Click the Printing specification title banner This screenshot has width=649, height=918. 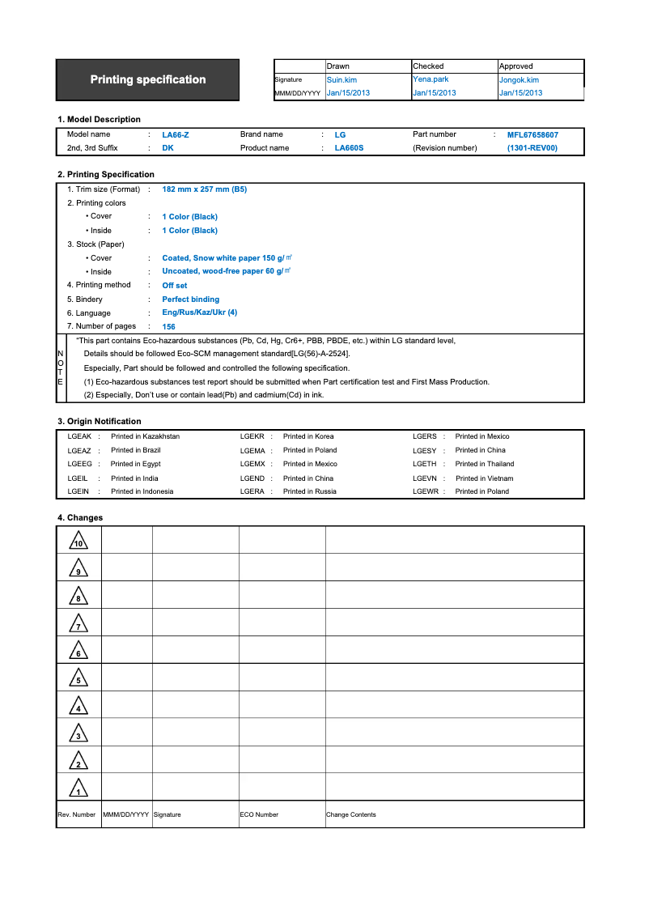click(147, 79)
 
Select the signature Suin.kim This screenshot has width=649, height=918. click(341, 80)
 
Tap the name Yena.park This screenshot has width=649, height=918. click(431, 79)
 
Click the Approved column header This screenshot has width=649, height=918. click(516, 66)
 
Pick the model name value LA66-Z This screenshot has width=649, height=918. click(176, 135)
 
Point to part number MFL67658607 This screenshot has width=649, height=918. click(532, 135)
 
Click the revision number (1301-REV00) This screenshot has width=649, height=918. click(532, 148)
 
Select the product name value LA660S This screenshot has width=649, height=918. click(349, 148)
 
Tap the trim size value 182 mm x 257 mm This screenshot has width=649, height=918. click(204, 189)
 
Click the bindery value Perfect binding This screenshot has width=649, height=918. click(190, 300)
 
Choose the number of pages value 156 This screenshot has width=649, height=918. click(168, 327)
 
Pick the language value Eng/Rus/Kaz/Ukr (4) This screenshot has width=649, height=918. click(199, 312)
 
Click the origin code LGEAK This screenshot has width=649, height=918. click(79, 436)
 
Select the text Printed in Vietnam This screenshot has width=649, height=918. click(484, 478)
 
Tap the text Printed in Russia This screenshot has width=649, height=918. click(309, 491)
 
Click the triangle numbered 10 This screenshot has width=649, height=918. click(78, 541)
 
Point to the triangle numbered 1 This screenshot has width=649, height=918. click(78, 788)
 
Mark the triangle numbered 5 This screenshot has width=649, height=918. click(78, 678)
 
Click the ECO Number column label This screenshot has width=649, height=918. click(259, 814)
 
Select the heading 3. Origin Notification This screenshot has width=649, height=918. click(99, 421)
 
